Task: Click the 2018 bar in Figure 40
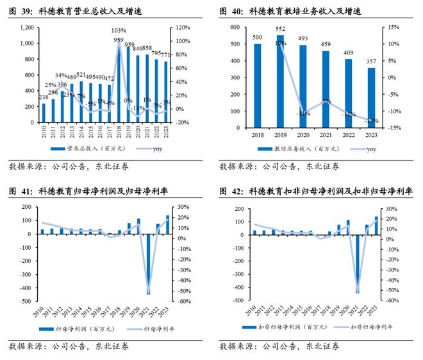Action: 258,86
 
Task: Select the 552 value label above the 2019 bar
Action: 280,29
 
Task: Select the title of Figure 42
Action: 317,191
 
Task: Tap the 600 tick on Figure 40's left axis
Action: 235,28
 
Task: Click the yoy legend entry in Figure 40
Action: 361,150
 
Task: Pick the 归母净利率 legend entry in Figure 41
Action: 144,329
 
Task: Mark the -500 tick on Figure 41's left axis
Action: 28,300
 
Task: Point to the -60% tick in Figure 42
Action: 392,300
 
